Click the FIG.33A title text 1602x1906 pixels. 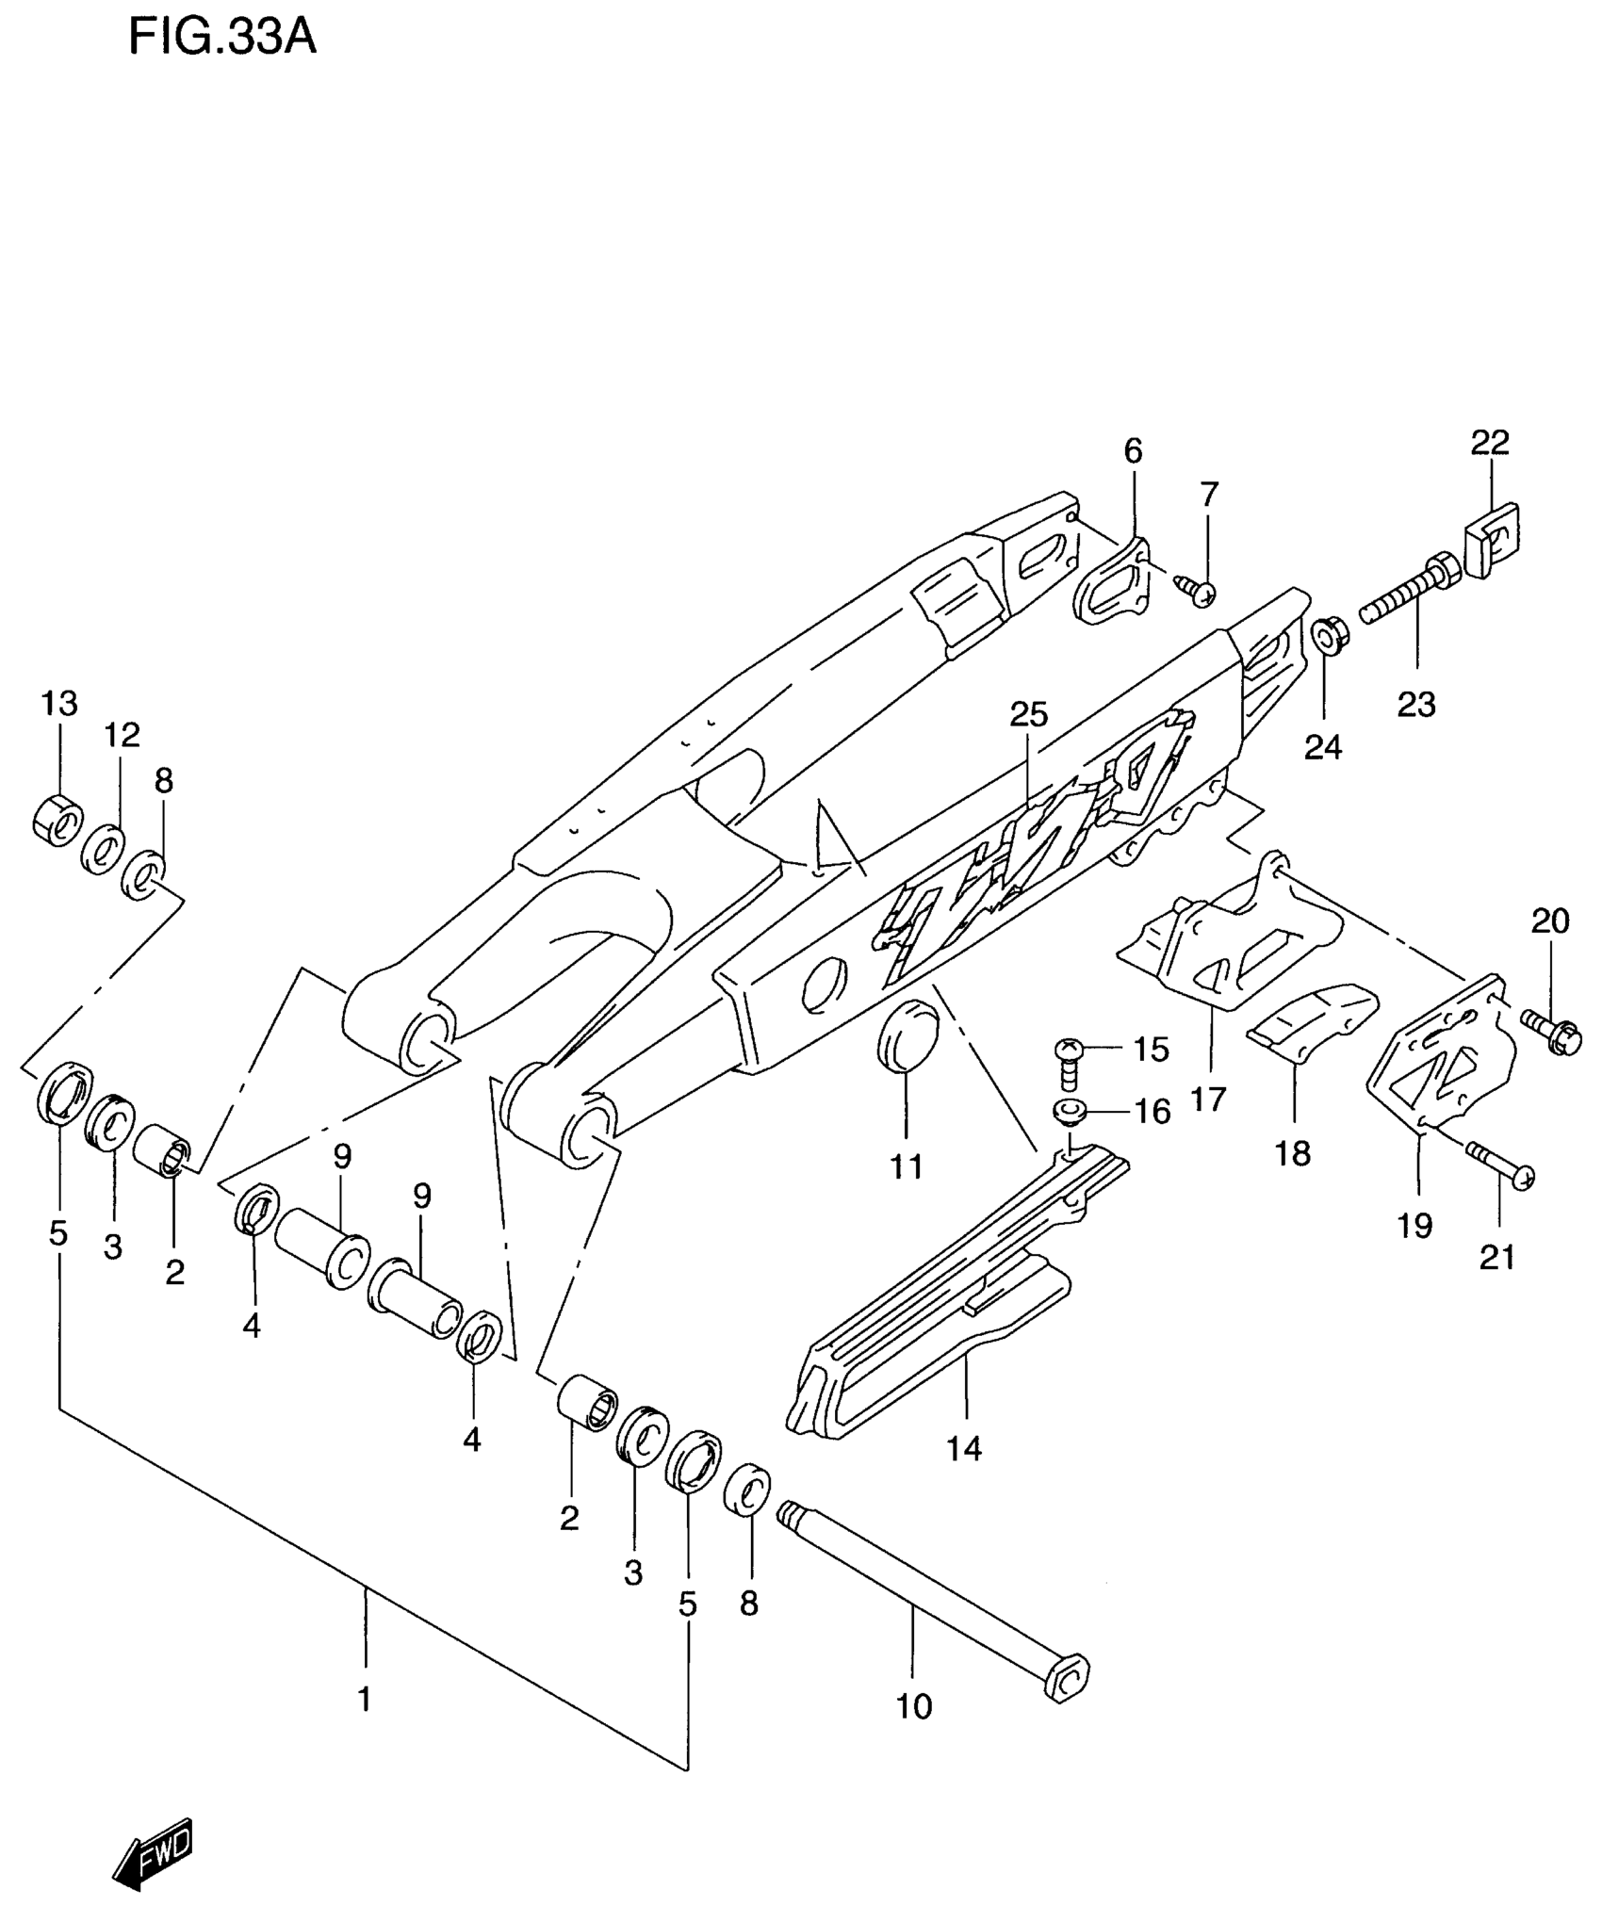tap(222, 39)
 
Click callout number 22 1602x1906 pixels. tap(1490, 442)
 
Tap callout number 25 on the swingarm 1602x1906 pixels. tap(1028, 715)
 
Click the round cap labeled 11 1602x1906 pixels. tap(907, 1038)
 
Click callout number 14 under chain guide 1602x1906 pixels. tap(964, 1448)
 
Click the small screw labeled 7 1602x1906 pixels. tap(1197, 592)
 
